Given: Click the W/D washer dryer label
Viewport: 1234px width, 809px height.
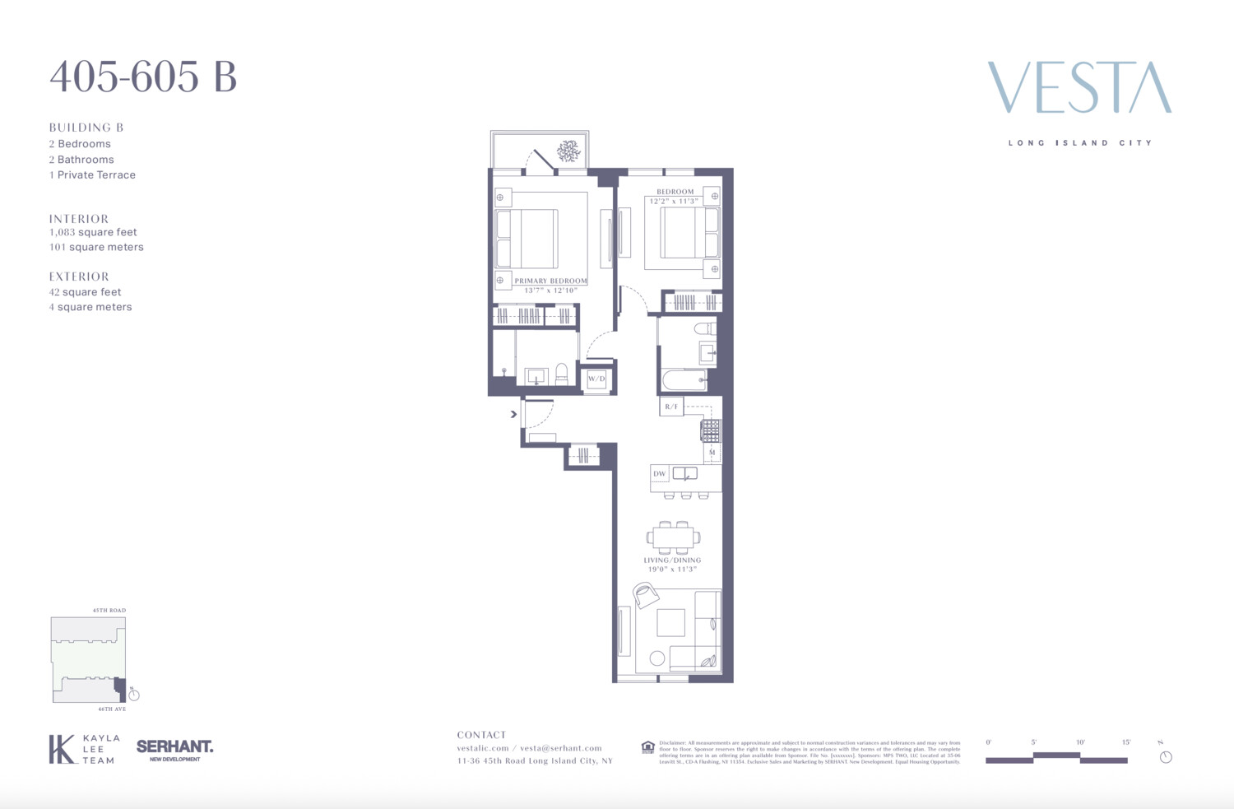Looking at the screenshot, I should [x=596, y=379].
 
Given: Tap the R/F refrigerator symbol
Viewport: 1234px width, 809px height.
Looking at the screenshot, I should [x=671, y=407].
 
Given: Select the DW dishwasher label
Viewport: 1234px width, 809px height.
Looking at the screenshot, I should [x=660, y=474].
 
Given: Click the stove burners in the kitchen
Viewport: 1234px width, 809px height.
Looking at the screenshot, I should [x=711, y=430].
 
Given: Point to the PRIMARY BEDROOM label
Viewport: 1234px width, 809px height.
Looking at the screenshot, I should [x=550, y=281].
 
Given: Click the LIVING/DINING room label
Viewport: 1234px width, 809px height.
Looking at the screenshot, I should [x=672, y=560].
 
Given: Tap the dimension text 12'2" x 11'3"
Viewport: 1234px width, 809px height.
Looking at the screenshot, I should [x=674, y=201].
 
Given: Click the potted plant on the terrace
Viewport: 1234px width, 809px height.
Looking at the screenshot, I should [x=568, y=151].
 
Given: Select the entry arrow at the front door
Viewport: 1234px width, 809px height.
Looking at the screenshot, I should [x=513, y=414].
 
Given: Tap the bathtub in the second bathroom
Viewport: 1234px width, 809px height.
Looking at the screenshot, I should [x=684, y=380].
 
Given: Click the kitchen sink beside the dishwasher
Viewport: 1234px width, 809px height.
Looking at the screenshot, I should [x=684, y=473].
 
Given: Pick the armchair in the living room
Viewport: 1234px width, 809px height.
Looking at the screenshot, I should [x=646, y=594].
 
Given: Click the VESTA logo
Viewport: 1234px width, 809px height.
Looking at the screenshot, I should [x=1079, y=87].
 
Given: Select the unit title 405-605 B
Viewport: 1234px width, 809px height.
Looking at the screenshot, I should [x=143, y=77].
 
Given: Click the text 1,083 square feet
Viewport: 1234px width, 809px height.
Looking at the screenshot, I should [x=93, y=232].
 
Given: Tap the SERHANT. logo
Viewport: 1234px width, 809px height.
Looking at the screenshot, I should [x=174, y=747].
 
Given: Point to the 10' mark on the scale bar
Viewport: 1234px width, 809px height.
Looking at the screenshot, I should [x=1080, y=742].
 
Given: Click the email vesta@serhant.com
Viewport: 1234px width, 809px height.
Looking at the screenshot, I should [x=561, y=748].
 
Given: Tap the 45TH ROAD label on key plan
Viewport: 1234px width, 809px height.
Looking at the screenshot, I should [x=109, y=611].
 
